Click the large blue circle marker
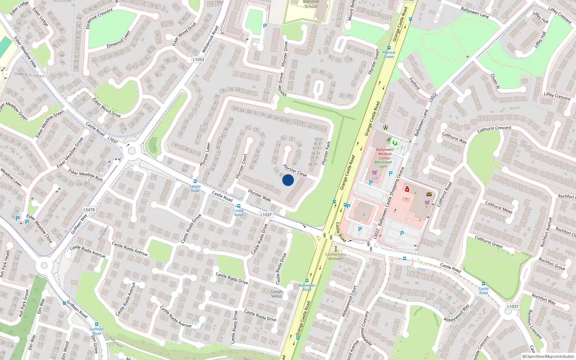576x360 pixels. tap(288, 180)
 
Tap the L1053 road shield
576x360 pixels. tap(198, 59)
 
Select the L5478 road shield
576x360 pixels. tap(89, 210)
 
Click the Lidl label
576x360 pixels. tap(375, 178)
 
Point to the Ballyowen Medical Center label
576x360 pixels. tap(384, 154)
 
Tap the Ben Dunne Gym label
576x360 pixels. tap(383, 164)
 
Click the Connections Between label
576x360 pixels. tap(336, 256)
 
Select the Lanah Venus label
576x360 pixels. tap(277, 294)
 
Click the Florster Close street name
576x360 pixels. tap(295, 170)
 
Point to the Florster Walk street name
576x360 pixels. tap(260, 196)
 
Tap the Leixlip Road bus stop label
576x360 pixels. tap(195, 188)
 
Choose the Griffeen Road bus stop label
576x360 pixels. tap(96, 331)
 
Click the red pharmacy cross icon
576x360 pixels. tap(407, 189)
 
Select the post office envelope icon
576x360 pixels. tap(429, 194)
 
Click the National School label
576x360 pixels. tap(311, 4)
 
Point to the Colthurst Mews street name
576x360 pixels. tap(499, 207)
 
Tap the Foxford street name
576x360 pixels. tap(415, 84)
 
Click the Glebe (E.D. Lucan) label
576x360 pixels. tap(29, 75)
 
